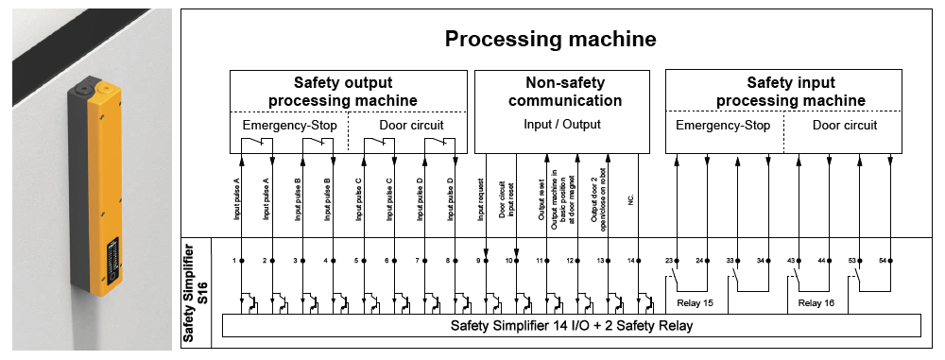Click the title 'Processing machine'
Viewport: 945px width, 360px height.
click(550, 40)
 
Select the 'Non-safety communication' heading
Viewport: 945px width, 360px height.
click(561, 92)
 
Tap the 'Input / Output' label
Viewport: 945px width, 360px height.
click(561, 125)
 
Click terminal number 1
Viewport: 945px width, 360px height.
click(233, 259)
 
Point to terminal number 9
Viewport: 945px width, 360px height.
click(477, 259)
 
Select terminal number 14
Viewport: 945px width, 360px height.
click(630, 259)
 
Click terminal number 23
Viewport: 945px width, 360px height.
click(669, 259)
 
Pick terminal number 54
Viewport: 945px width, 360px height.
click(883, 259)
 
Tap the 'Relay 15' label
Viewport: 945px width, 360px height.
click(695, 303)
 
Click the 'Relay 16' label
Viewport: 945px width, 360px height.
click(817, 303)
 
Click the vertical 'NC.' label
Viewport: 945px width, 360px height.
click(630, 199)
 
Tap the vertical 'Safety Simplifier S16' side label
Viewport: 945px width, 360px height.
click(195, 293)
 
